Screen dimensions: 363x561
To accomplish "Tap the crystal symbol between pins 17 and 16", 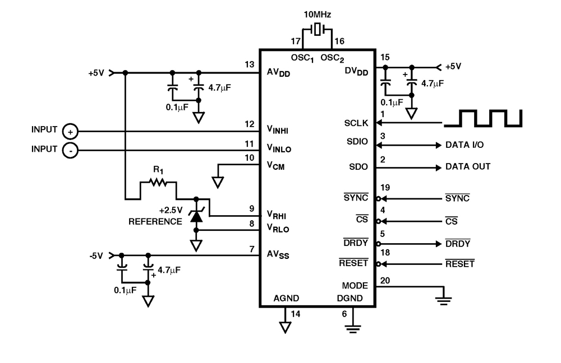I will point(318,30).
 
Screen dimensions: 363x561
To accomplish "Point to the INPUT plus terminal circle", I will point(70,131).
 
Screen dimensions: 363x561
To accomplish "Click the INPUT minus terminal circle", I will point(70,150).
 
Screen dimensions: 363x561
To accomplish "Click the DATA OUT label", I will point(468,167).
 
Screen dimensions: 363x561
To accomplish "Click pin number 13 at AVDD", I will point(250,64).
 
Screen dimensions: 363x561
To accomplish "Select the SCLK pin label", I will point(356,123).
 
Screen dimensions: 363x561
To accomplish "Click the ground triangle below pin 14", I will point(285,326).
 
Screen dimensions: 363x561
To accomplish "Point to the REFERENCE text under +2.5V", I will point(155,221).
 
